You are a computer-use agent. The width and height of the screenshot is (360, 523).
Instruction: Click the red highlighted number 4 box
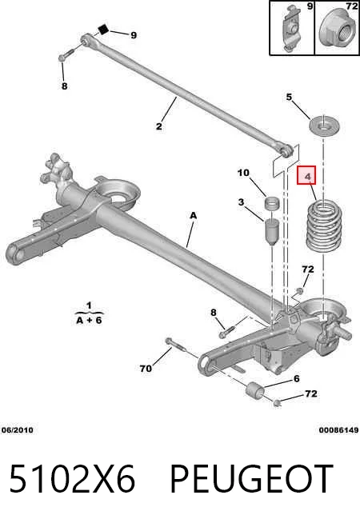[x=306, y=175]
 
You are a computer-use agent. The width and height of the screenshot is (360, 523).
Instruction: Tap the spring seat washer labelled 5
[x=323, y=126]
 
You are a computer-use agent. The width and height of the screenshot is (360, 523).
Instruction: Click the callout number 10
[x=243, y=173]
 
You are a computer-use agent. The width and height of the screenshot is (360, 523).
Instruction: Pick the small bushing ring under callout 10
[x=272, y=203]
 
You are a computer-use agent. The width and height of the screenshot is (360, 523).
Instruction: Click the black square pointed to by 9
[x=103, y=30]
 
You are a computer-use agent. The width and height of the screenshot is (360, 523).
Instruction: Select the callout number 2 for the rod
[x=159, y=126]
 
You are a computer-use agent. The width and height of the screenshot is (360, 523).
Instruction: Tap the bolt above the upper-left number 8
[x=67, y=55]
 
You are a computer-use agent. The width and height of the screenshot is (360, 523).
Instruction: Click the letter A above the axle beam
[x=193, y=215]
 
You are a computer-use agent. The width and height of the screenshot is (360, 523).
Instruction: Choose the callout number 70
[x=146, y=368]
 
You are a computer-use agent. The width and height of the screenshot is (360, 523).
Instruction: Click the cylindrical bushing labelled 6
[x=255, y=390]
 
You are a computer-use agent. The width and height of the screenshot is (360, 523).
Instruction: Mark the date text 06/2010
[x=18, y=430]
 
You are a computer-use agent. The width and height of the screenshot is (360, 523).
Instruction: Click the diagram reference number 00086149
[x=338, y=430]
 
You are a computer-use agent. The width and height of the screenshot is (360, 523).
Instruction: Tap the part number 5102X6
[x=72, y=478]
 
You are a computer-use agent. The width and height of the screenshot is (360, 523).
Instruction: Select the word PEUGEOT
[x=252, y=478]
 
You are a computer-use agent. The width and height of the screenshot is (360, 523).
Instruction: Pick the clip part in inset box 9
[x=291, y=28]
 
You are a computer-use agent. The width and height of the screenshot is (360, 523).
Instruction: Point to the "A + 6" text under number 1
[x=89, y=320]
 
